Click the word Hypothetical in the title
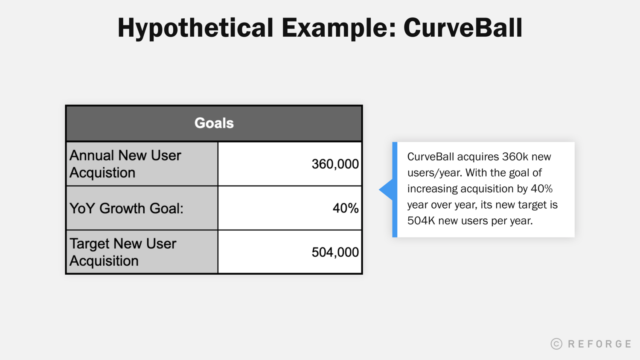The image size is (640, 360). point(195,28)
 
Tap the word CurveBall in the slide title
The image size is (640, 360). point(463,28)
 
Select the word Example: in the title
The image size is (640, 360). point(338,28)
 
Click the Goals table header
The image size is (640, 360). point(214,123)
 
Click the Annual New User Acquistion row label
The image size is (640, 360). point(125,164)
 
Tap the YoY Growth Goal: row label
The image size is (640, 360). point(126,208)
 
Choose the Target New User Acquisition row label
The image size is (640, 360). point(123,252)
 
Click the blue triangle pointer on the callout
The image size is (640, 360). point(387,190)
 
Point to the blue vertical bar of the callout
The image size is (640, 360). point(395,190)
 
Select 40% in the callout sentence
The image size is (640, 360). point(541,189)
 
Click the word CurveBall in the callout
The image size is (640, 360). point(431,157)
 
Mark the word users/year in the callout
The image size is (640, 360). point(434,173)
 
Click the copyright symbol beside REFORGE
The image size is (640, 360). point(556,344)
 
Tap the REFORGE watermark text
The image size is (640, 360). point(599,344)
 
